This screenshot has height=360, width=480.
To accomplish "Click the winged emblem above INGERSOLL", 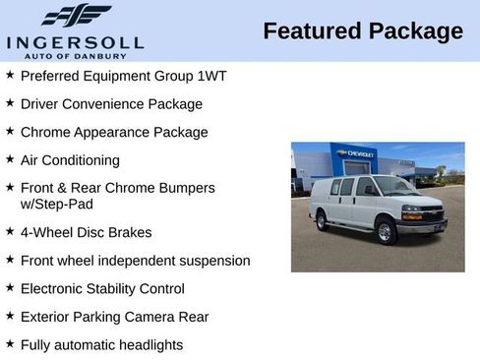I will pos(76,16).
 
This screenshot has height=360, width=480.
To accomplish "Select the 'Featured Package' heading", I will pos(363,31).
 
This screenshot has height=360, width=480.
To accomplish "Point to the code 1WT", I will pos(210,76).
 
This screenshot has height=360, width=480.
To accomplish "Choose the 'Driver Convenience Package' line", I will pos(111,103).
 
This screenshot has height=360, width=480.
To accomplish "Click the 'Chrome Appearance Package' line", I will pos(114,132).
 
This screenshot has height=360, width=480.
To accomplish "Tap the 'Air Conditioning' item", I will pos(70,159).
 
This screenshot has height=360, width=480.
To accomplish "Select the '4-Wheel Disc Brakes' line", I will pos(86,233).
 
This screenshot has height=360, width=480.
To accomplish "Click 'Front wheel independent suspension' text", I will pos(135,261).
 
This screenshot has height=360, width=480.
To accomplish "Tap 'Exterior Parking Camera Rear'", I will pos(114,317).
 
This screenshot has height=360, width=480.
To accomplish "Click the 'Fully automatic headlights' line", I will pos(101,345).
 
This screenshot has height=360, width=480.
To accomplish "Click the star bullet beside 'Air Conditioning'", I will pos(10,158).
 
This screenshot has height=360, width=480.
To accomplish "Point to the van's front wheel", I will pos(386,231).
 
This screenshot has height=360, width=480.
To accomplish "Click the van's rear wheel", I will pos(322,221).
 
